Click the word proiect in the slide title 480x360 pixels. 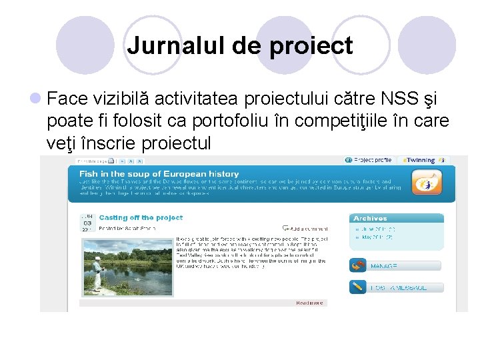click(311, 46)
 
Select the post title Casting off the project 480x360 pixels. click(141, 218)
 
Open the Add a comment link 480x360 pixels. click(305, 228)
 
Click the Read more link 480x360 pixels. click(310, 303)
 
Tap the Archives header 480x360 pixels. click(370, 218)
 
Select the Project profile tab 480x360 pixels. click(369, 160)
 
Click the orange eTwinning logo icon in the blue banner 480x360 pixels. click(423, 182)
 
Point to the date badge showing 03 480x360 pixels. click(87, 223)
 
